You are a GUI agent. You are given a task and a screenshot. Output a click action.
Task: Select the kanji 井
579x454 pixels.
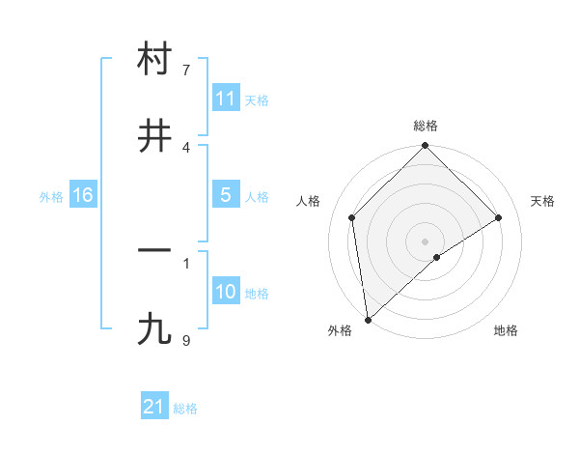tap(154, 136)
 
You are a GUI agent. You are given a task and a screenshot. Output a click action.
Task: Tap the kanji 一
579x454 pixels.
tap(154, 249)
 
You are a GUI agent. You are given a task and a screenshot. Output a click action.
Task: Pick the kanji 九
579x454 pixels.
tap(154, 329)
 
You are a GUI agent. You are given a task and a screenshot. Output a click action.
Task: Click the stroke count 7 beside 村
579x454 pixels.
tap(186, 71)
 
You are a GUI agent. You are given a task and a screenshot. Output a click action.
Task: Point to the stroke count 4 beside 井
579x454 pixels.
tap(186, 147)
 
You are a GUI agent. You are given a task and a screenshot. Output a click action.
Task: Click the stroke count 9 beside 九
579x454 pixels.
tap(186, 340)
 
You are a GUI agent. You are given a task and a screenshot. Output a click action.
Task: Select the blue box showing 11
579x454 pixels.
tap(225, 99)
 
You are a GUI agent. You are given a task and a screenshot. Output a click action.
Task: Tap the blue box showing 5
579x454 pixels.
tap(225, 195)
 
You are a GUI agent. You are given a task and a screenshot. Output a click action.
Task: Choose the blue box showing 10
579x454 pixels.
tap(225, 292)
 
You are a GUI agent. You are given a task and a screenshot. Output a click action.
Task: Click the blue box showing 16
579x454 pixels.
tap(83, 195)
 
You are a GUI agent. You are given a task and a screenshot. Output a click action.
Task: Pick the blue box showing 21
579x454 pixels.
tap(154, 407)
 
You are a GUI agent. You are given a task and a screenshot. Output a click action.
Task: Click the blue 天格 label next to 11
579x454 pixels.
tap(257, 100)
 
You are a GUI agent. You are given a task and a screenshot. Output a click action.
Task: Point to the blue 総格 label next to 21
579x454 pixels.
tap(185, 409)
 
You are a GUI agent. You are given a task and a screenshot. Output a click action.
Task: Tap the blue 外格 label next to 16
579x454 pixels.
tap(51, 197)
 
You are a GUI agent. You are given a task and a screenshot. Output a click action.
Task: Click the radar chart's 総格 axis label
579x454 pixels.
tap(426, 126)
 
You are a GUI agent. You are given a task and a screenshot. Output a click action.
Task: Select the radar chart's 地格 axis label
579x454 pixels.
tap(506, 331)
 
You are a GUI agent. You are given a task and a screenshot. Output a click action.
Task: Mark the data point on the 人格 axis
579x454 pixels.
tap(352, 217)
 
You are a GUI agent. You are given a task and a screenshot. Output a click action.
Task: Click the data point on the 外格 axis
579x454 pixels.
tap(367, 320)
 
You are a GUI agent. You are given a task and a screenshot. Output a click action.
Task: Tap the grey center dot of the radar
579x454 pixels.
tap(425, 240)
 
